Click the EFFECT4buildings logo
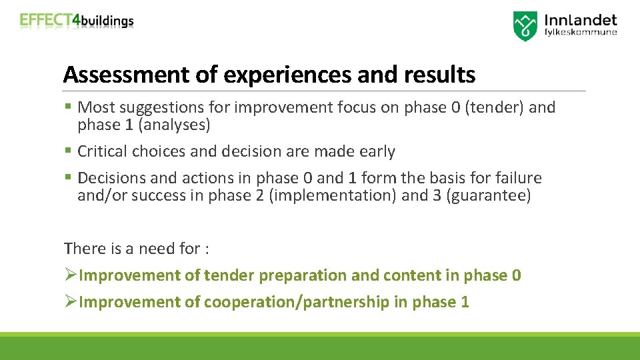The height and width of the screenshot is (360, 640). [77, 20]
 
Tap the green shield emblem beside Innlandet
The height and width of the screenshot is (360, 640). [525, 26]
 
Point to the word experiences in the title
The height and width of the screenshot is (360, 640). [288, 75]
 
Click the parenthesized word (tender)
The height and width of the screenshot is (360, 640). [493, 107]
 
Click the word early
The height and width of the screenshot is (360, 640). [377, 151]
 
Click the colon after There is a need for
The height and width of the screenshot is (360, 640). [207, 249]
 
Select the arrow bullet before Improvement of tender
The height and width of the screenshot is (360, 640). [71, 275]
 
